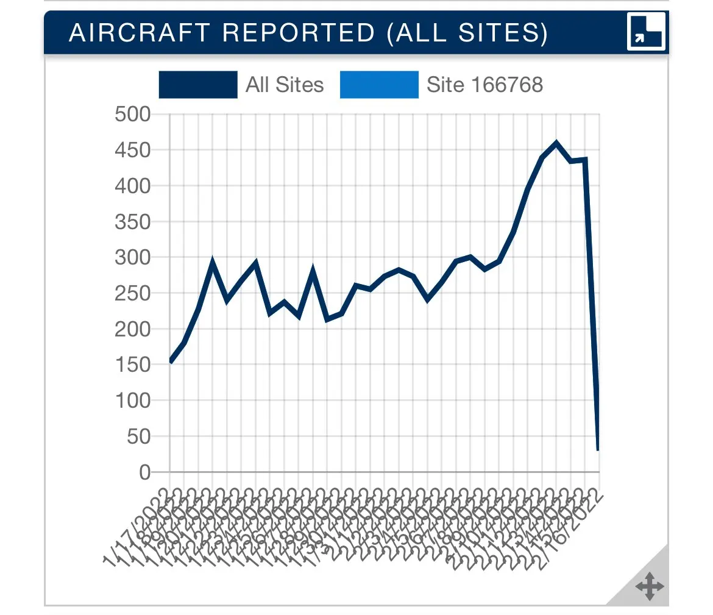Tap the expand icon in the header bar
point(646,32)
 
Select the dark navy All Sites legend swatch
point(197,85)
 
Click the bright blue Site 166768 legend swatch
point(379,85)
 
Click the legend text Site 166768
point(484,85)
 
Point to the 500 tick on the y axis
point(132,114)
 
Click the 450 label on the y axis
point(132,150)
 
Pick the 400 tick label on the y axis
point(132,186)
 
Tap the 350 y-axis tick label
point(132,222)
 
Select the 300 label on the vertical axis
point(132,257)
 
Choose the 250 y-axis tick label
point(132,293)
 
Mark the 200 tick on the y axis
point(132,329)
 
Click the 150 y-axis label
point(132,365)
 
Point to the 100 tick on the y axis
point(132,400)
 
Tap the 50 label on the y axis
point(138,436)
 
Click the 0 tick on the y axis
point(144,472)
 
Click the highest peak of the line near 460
point(556,144)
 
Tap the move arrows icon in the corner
point(649,586)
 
